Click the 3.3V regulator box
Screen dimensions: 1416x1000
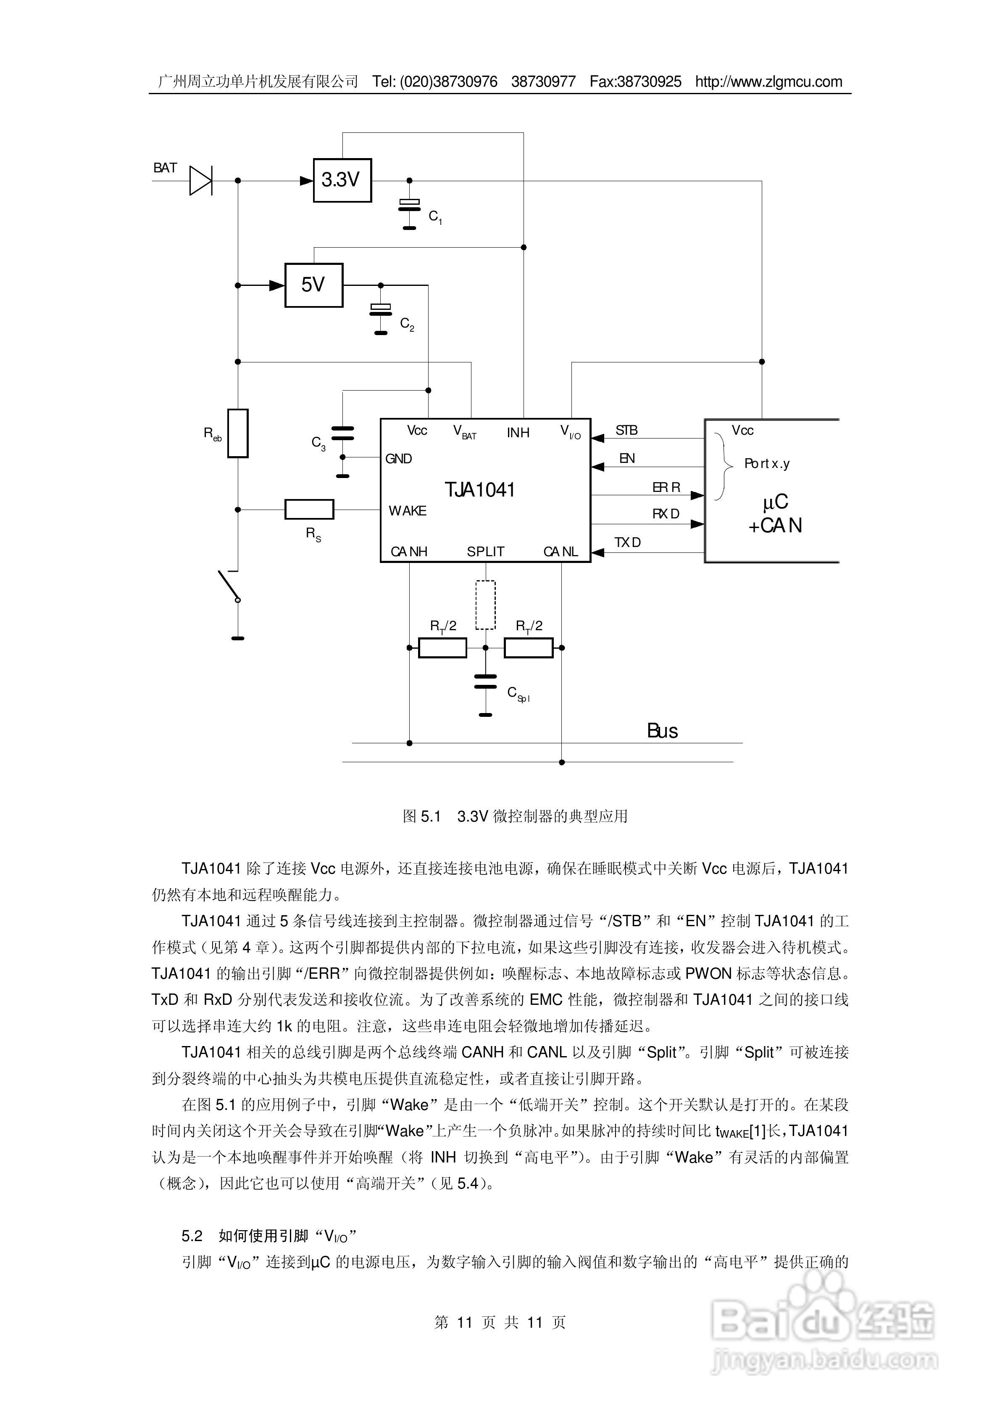342,180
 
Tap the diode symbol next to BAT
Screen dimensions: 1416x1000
200,181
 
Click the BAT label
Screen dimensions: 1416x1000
165,168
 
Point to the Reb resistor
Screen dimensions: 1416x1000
237,433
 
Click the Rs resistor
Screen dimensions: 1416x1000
309,510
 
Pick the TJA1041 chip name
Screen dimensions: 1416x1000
480,490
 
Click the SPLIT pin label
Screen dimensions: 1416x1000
485,551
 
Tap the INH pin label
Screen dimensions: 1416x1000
518,432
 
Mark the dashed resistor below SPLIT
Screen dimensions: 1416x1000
485,605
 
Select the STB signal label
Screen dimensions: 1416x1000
626,430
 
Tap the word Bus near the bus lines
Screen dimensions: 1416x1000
662,731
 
